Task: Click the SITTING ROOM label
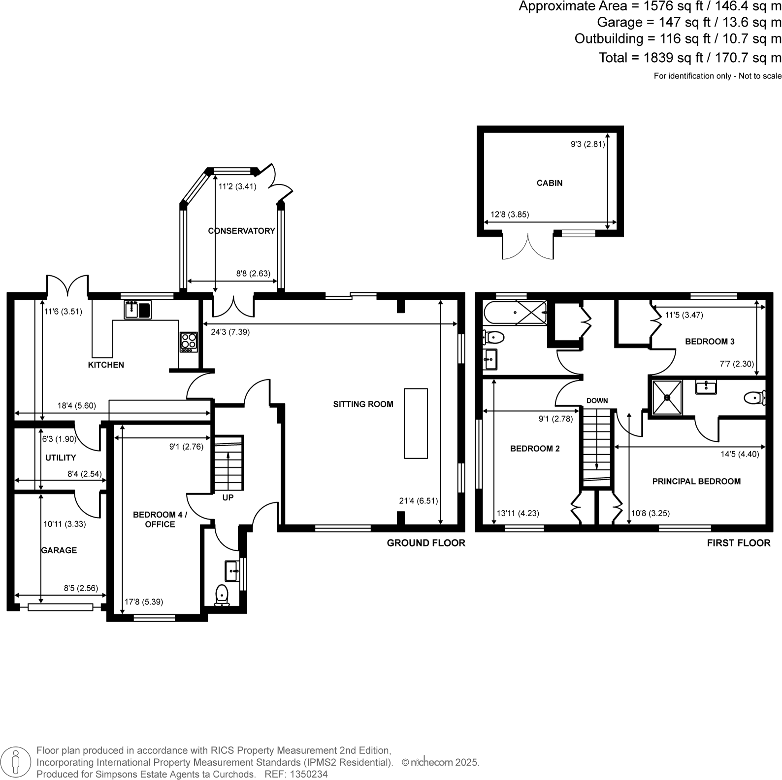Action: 363,404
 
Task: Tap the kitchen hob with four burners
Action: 188,341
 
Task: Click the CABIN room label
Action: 549,183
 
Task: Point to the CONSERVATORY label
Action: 241,231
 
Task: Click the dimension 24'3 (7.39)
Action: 230,332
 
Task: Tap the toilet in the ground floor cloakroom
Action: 222,595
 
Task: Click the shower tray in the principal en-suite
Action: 667,397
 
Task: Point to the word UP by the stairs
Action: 228,497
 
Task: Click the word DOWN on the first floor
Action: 597,400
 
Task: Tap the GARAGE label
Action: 59,550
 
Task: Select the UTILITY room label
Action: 61,458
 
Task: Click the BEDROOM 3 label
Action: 710,341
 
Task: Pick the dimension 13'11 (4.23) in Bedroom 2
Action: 518,513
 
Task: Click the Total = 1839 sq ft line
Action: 689,58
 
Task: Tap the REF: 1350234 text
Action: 296,774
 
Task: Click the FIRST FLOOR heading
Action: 738,543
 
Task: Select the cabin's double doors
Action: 527,247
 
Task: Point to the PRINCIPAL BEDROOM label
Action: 696,481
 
